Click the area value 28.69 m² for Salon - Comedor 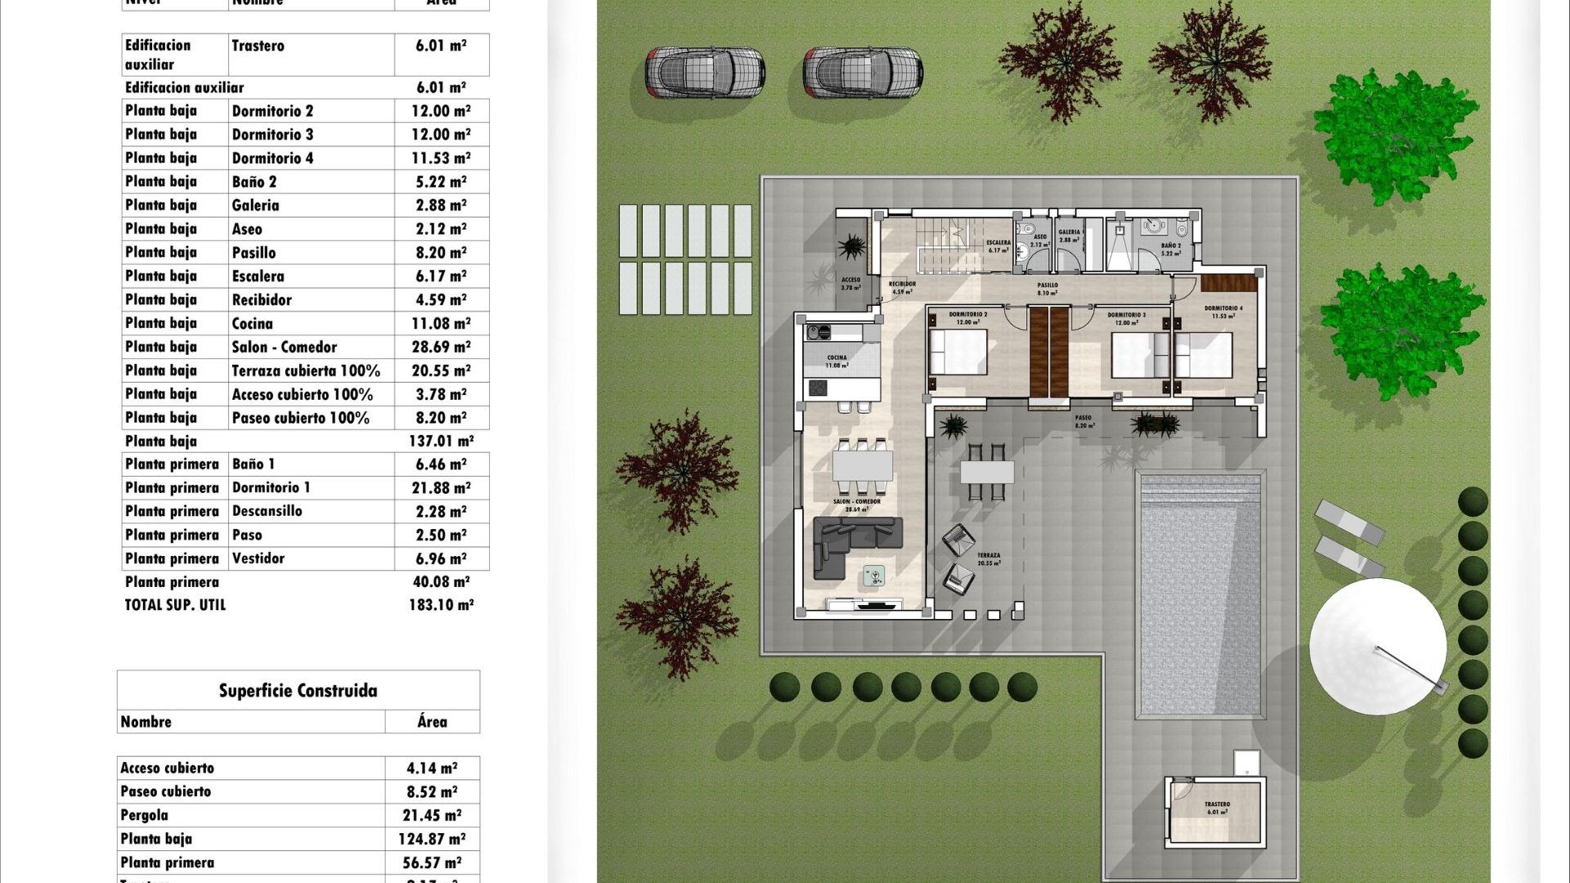click(x=441, y=347)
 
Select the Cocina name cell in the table click(x=252, y=324)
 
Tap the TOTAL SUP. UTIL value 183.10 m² click(x=441, y=605)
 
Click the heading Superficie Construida click(x=298, y=691)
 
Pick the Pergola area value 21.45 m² click(x=432, y=815)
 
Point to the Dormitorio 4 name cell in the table click(x=272, y=158)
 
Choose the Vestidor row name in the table click(x=258, y=558)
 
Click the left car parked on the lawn click(x=705, y=73)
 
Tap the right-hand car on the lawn click(x=863, y=73)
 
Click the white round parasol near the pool click(x=1378, y=646)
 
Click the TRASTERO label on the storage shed click(x=1217, y=805)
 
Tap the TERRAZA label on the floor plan click(x=988, y=555)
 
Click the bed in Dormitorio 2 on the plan click(x=958, y=352)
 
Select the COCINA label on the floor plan click(x=837, y=357)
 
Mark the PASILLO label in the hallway click(x=1047, y=285)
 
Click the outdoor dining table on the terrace click(x=987, y=472)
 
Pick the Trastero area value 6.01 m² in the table click(x=441, y=46)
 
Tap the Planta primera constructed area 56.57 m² click(x=432, y=863)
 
